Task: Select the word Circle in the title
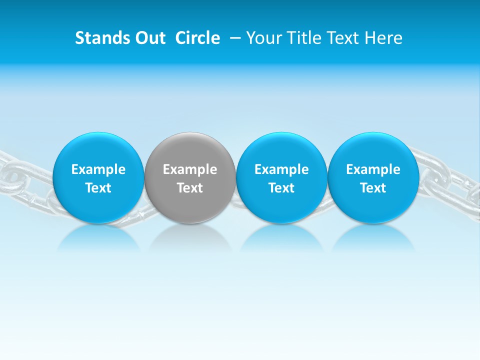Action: pyautogui.click(x=197, y=38)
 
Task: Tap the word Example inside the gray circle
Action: pyautogui.click(x=190, y=169)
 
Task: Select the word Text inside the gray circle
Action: pyautogui.click(x=190, y=188)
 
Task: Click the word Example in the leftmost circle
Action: pyautogui.click(x=98, y=169)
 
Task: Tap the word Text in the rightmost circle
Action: pyautogui.click(x=373, y=188)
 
